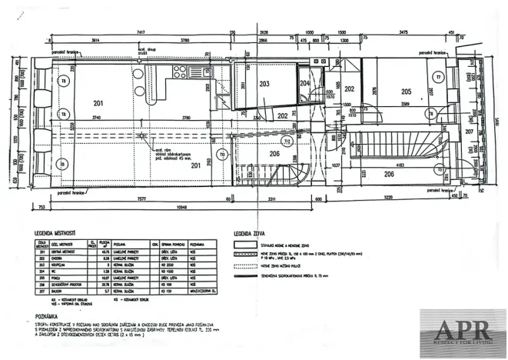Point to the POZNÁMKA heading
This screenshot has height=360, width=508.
43,315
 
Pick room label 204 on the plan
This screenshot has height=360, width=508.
305,83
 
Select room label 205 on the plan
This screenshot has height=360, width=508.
406,91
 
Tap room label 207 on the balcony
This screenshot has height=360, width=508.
470,132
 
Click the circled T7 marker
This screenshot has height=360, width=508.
438,78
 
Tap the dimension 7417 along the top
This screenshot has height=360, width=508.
139,33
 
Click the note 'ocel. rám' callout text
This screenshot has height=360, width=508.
164,150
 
